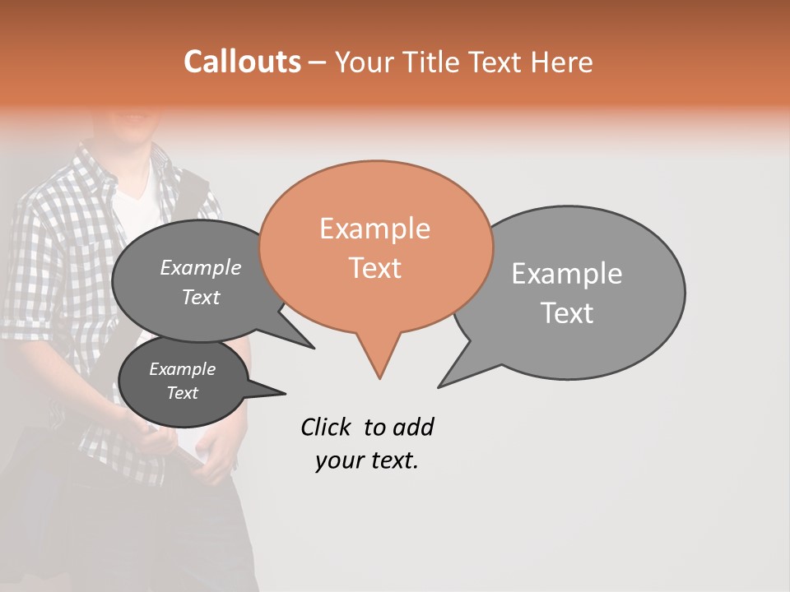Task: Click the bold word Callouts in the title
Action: tap(242, 62)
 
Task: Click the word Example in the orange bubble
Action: tap(374, 229)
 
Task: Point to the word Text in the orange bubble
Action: tap(374, 268)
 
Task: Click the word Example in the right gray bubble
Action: tap(567, 274)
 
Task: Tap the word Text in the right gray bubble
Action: tap(567, 313)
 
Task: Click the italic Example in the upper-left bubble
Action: tap(200, 267)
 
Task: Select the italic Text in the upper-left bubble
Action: tap(201, 297)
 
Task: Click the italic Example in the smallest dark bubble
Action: tap(182, 369)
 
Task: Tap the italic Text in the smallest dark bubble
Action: tap(182, 393)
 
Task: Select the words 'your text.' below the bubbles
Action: tap(367, 461)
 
